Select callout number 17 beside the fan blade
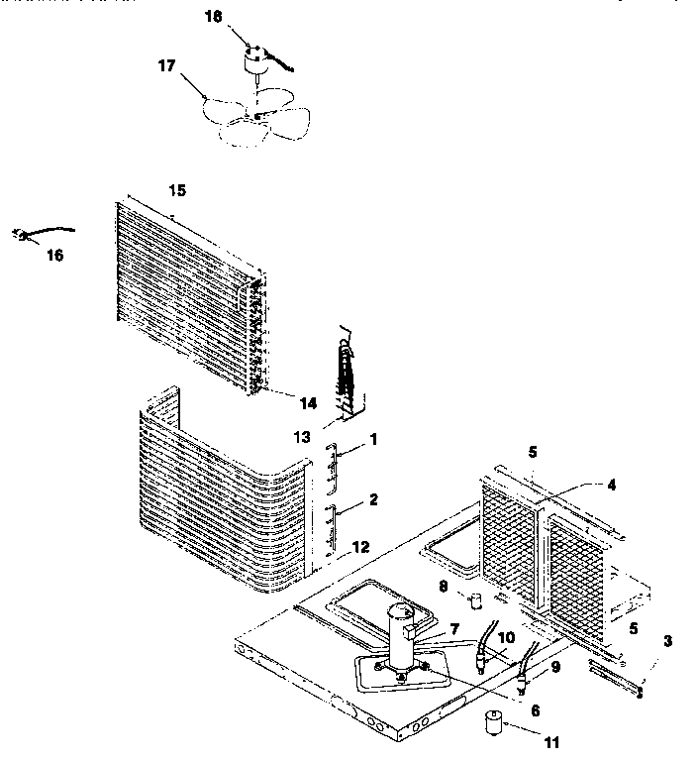[x=165, y=65]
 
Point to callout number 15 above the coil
[x=177, y=188]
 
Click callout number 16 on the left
[x=54, y=255]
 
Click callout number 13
[x=301, y=436]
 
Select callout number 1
[x=372, y=438]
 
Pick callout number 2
[x=372, y=499]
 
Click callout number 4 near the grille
[x=612, y=486]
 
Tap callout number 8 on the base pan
[x=444, y=587]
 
